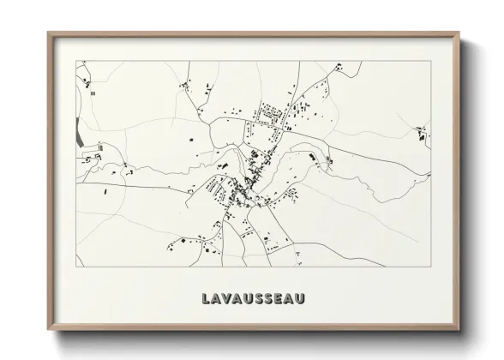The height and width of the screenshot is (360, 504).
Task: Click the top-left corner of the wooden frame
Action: (x=48, y=33)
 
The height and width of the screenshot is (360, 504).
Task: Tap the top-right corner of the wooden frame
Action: (x=458, y=33)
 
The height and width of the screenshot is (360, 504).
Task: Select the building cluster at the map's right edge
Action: (x=422, y=133)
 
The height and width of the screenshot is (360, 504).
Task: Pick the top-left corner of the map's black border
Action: (x=76, y=60)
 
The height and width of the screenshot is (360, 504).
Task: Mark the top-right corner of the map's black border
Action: (x=429, y=60)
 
